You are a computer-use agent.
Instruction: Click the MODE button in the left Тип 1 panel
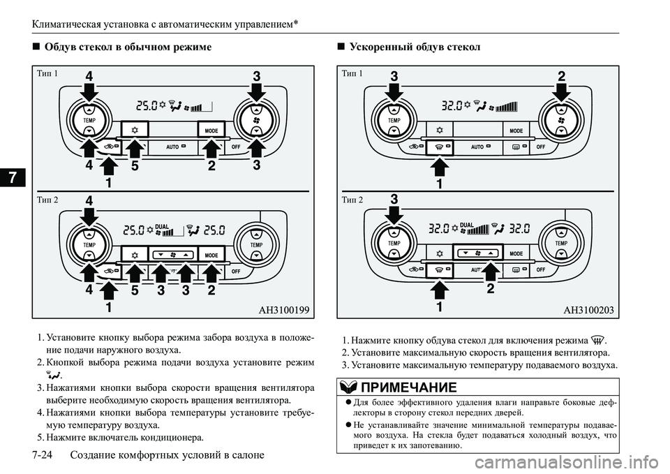(211, 131)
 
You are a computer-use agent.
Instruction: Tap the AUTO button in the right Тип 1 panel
(477, 147)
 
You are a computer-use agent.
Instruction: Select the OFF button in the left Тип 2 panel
(236, 270)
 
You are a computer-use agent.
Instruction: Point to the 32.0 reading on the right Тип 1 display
(454, 106)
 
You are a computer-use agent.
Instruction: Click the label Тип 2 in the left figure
(47, 198)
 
